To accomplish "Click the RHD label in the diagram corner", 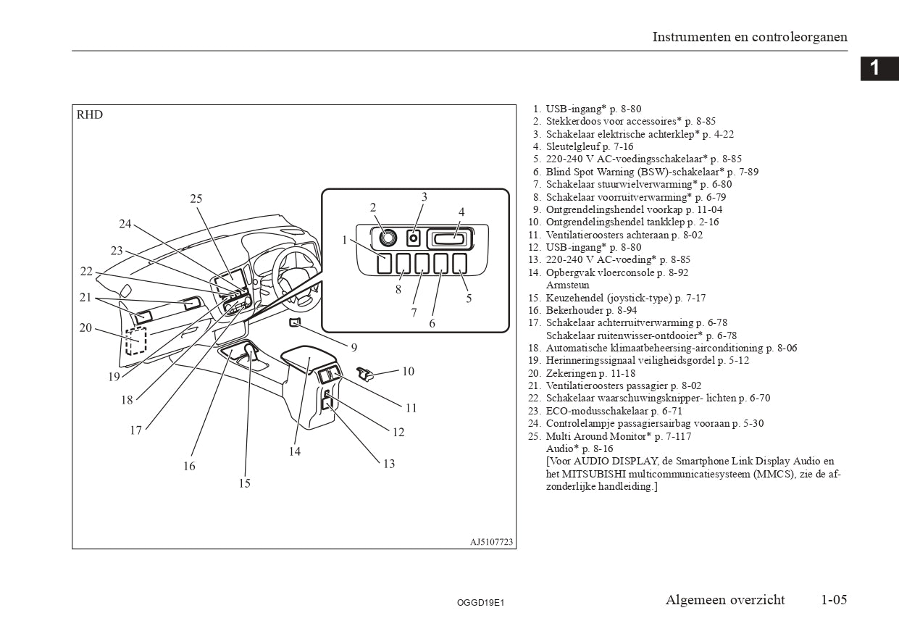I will point(90,115).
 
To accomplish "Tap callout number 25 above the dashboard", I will point(196,199).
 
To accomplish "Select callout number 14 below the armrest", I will point(294,451).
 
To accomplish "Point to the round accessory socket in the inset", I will point(385,236).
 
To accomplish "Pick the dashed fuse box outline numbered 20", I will point(135,341).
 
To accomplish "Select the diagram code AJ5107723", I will point(490,541).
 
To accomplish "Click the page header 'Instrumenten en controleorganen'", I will point(750,37).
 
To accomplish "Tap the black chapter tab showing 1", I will point(874,68).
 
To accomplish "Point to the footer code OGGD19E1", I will point(480,602).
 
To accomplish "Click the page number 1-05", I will point(834,600).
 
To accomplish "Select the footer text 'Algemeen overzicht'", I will point(725,600).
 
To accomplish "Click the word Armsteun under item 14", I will point(567,285).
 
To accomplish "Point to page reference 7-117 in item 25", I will point(677,436).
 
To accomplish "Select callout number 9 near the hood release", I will point(354,348).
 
